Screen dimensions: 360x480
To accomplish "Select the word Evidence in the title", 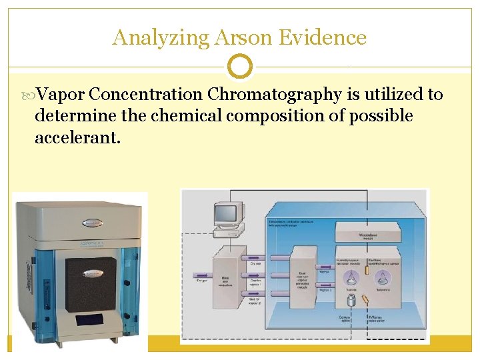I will (x=323, y=37).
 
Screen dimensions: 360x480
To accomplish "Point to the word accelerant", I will (x=77, y=137).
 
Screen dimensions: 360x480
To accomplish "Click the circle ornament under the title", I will (x=240, y=67).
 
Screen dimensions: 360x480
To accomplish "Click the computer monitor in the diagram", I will (x=225, y=215).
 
